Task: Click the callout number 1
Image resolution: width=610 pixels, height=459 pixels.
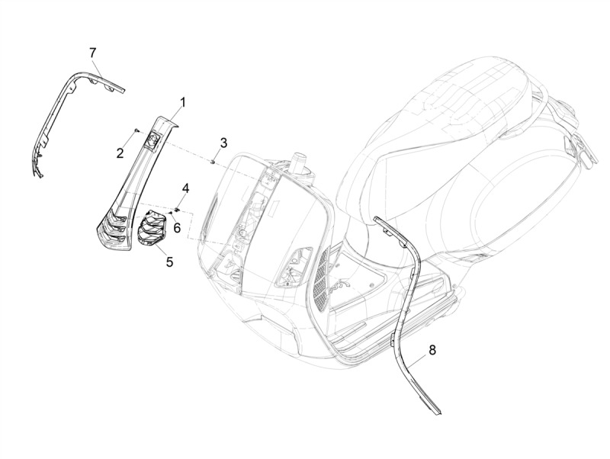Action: [x=182, y=101]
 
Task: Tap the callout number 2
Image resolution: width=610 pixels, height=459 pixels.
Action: [x=120, y=153]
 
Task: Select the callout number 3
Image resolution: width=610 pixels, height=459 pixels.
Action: [x=223, y=143]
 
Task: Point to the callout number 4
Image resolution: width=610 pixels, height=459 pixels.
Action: [x=185, y=188]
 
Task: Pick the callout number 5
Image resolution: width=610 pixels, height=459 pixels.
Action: [x=169, y=262]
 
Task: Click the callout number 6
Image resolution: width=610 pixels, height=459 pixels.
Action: [x=176, y=227]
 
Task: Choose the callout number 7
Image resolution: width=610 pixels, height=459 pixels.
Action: [x=92, y=52]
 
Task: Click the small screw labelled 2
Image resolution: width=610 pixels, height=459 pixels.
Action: [x=136, y=131]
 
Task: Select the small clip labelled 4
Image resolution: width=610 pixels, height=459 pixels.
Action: [x=177, y=207]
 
